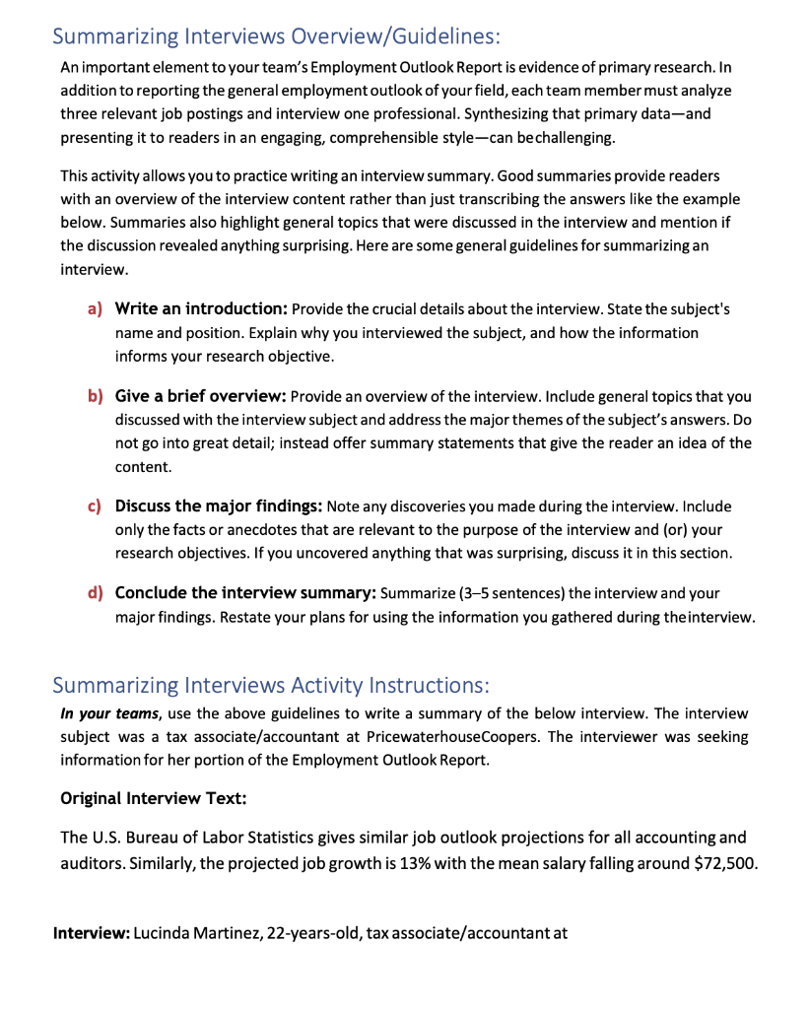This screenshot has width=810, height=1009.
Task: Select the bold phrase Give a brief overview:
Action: point(200,396)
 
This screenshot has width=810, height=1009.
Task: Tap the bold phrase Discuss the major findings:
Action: point(218,505)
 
